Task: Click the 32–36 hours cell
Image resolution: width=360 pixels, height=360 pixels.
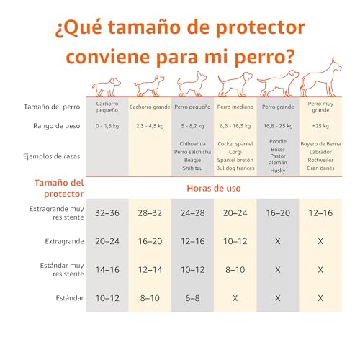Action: click(107, 213)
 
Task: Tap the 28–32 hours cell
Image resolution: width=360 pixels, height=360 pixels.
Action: click(150, 213)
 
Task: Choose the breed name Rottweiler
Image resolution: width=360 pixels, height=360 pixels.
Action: click(320, 161)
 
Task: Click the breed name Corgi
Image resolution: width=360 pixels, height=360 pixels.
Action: click(235, 153)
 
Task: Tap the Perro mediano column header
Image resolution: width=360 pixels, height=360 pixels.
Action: click(235, 107)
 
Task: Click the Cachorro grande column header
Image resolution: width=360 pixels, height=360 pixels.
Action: click(150, 107)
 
